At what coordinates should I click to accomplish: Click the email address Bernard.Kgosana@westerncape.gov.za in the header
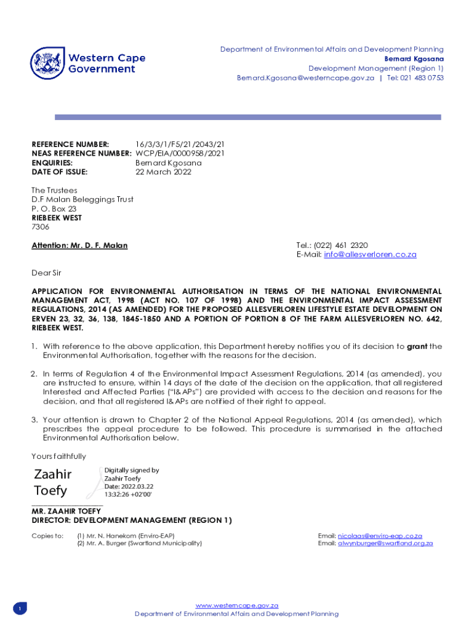click(x=305, y=78)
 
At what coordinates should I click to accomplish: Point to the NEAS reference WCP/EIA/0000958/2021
click(x=180, y=153)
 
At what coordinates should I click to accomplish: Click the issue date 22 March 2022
click(x=163, y=172)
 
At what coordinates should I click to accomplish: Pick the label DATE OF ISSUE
click(x=60, y=172)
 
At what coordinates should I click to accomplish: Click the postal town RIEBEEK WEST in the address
click(x=57, y=218)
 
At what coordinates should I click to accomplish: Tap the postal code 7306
click(x=41, y=227)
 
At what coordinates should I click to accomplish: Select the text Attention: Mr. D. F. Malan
click(x=79, y=245)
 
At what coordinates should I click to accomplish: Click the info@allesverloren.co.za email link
click(x=370, y=255)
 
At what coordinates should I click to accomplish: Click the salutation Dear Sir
click(x=46, y=273)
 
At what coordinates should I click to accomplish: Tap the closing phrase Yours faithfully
click(x=59, y=457)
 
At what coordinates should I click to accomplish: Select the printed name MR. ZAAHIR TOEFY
click(x=66, y=511)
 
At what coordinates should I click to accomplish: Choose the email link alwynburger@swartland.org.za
click(x=385, y=543)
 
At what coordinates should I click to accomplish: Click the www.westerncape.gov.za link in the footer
click(x=237, y=605)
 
